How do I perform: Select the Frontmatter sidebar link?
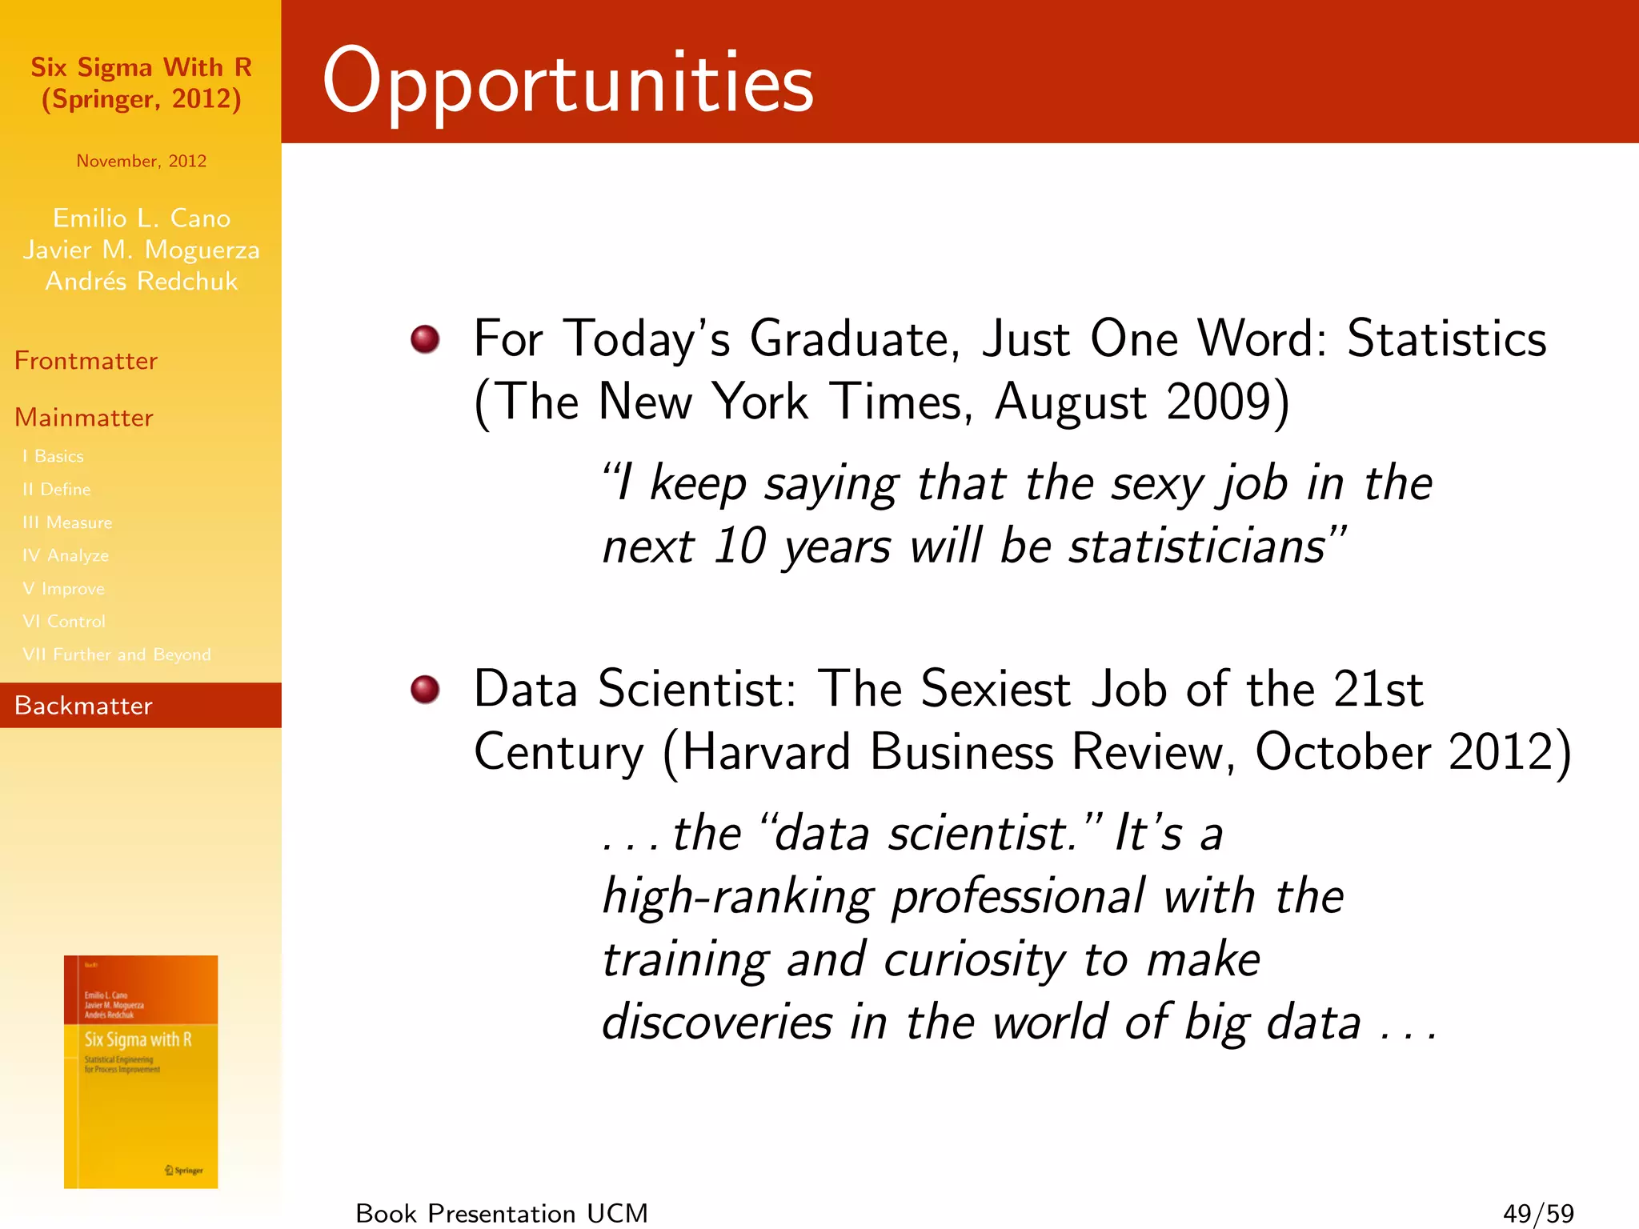86,361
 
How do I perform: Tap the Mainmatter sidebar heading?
84,418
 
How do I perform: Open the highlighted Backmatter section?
83,706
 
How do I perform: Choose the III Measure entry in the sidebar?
67,522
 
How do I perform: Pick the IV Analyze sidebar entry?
66,555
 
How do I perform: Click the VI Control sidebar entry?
64,622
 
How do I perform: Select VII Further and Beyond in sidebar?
117,655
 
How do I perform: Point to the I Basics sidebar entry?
53,456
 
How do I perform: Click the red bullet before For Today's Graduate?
425,338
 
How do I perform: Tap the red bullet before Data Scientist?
425,689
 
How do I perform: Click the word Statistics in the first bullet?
1446,338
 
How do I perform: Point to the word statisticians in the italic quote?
1197,546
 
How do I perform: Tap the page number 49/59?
1538,1213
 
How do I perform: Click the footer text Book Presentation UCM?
502,1213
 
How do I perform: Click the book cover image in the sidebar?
141,1071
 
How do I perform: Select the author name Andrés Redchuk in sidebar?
142,282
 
